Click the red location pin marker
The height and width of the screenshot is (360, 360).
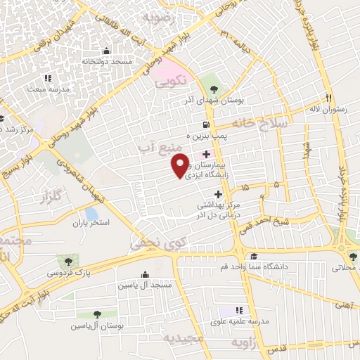(x=180, y=164)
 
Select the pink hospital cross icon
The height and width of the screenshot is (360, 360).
(x=205, y=154)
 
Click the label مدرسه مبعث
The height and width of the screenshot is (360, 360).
(x=49, y=90)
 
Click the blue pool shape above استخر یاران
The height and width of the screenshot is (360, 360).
(x=91, y=213)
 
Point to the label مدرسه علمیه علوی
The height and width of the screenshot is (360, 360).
(x=239, y=321)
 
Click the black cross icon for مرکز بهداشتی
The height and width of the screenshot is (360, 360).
(x=218, y=194)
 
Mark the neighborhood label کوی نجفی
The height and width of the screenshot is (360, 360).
(x=150, y=245)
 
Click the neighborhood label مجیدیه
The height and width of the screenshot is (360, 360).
(x=183, y=339)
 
